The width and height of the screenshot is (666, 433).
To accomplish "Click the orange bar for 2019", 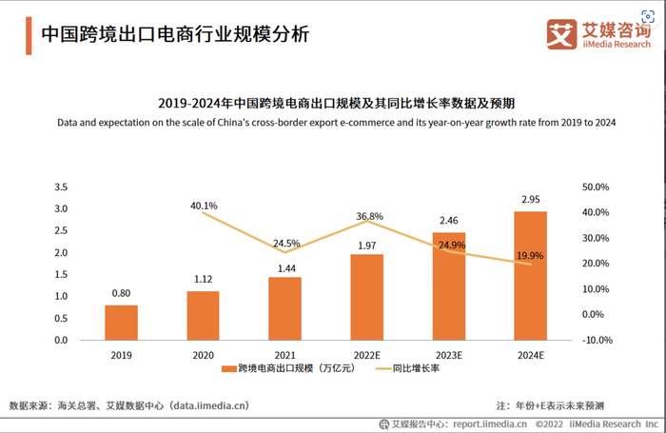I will [x=121, y=323].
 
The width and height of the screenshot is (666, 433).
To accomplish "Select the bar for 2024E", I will [x=530, y=275].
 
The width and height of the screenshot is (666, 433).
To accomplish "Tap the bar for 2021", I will [x=284, y=308].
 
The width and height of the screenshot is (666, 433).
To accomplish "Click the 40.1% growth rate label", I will [x=204, y=206].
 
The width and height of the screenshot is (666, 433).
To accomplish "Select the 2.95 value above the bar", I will [x=530, y=200].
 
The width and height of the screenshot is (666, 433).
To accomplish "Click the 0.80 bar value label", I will [x=121, y=294].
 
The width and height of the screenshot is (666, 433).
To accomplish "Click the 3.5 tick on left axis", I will [x=60, y=187].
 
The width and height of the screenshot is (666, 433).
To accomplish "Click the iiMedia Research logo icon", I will [x=563, y=33].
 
